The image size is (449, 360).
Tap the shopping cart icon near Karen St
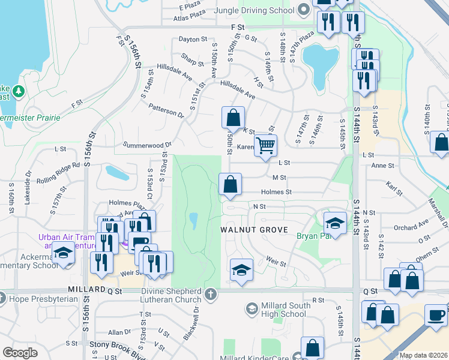pyautogui.click(x=265, y=145)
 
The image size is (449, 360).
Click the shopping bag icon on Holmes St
pyautogui.click(x=230, y=185)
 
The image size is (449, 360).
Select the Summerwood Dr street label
pyautogui.click(x=148, y=145)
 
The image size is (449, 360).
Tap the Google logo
pyautogui.click(x=20, y=353)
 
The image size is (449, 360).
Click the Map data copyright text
pyautogui.click(x=423, y=355)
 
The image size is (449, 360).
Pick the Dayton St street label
pyautogui.click(x=193, y=40)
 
